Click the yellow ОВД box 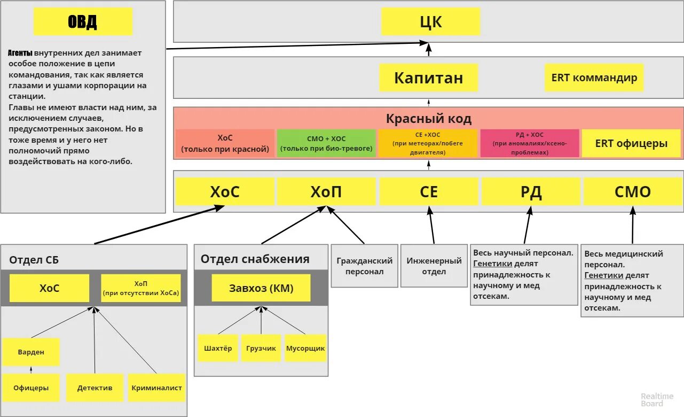point(83,22)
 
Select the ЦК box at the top point(430,22)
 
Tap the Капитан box point(428,78)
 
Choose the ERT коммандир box point(594,78)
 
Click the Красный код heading point(428,118)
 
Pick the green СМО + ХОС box point(326,143)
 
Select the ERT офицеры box point(632,143)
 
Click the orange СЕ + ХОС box point(428,143)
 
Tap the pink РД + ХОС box point(529,143)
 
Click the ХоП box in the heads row point(326,191)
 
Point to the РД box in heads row point(531,191)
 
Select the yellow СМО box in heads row point(633,191)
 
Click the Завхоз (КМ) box point(261,288)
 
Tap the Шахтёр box point(218,348)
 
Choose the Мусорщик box point(305,348)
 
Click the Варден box point(31,352)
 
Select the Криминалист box point(156,388)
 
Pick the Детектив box point(95,388)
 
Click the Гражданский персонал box point(364,266)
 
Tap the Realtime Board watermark point(652,400)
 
